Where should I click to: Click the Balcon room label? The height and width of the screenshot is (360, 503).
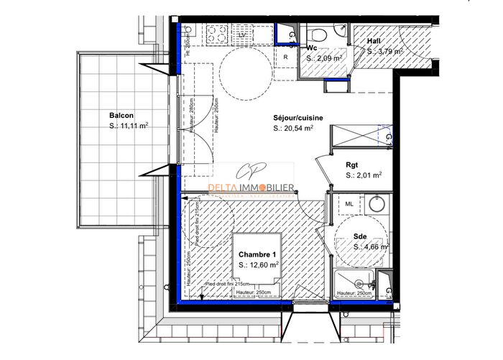tap(121, 115)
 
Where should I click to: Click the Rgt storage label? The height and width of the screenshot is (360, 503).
tap(352, 163)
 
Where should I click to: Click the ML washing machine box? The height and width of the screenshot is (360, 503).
tap(349, 204)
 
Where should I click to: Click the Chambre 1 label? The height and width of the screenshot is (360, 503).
tap(258, 254)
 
